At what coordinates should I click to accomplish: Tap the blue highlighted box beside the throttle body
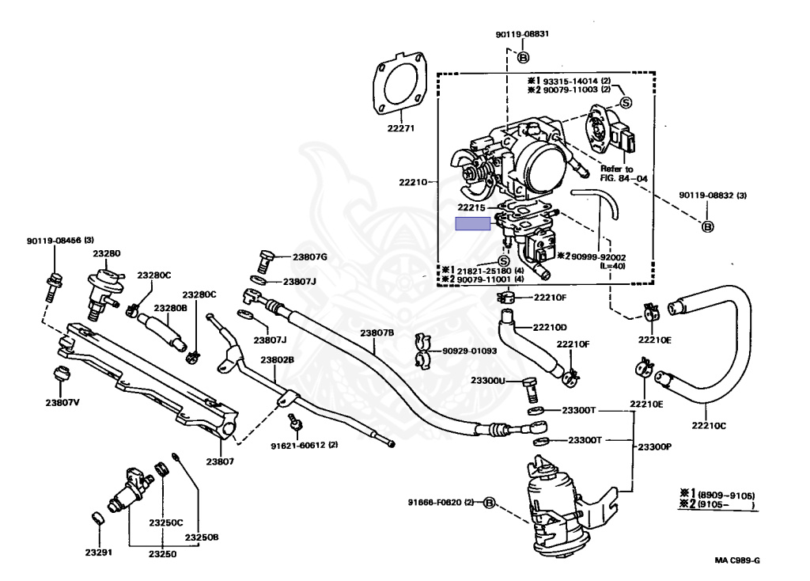point(473,224)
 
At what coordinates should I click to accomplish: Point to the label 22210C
point(708,425)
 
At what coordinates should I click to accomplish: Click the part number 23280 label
point(106,254)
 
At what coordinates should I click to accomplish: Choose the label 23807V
point(62,401)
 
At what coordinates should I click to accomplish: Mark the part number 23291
point(99,552)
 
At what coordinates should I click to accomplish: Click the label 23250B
point(202,537)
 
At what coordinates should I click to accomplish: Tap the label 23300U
point(487,381)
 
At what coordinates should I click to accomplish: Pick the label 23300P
point(654,446)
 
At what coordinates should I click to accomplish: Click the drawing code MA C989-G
point(737,561)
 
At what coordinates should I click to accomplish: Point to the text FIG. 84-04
point(623,179)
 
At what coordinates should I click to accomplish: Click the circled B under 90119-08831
point(523,57)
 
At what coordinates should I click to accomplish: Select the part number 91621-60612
point(304,444)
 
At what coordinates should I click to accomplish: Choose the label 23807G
point(309,256)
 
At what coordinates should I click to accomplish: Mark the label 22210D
point(549,327)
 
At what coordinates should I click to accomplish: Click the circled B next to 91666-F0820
point(488,503)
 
